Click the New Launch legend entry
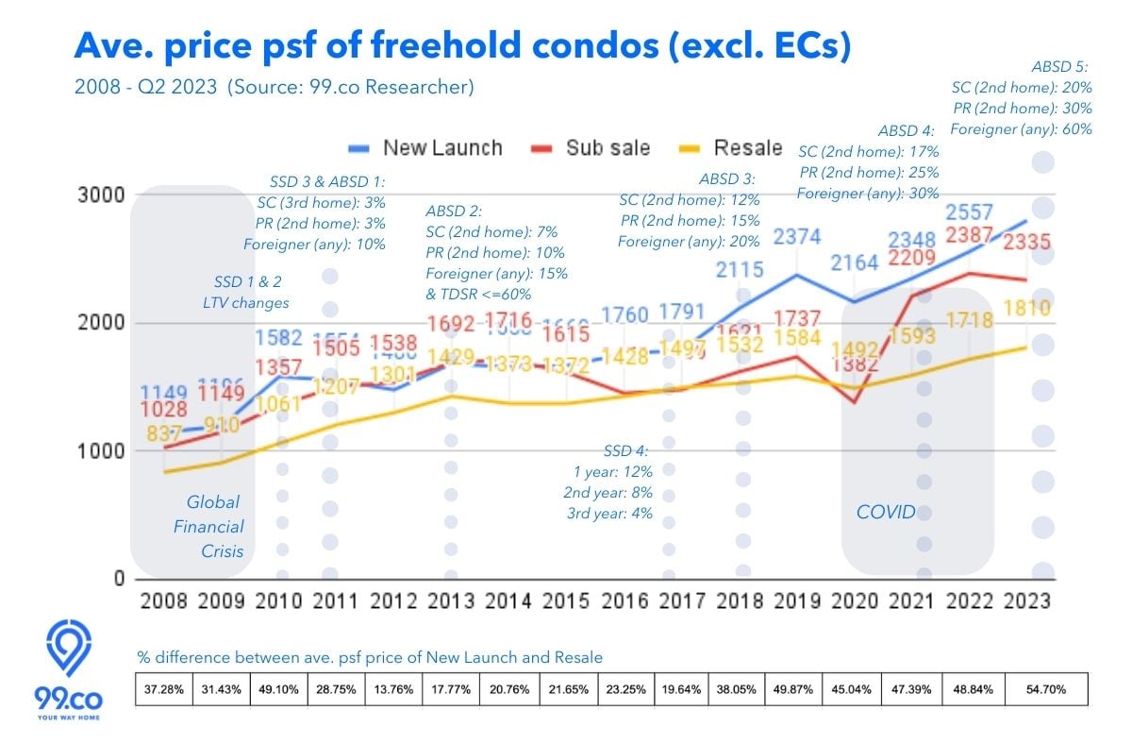pos(424,148)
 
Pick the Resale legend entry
pos(732,148)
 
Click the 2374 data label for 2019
pos(797,236)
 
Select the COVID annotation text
pos(885,512)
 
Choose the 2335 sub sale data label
pos(1026,244)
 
